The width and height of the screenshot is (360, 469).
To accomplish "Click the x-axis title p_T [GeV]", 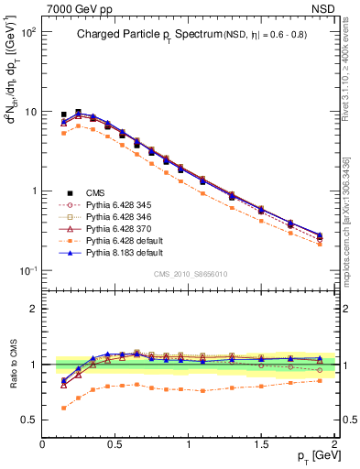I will tap(311, 455).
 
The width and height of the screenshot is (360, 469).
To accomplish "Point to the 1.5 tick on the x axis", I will tap(262, 444).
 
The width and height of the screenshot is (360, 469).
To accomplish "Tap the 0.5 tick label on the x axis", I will tap(116, 444).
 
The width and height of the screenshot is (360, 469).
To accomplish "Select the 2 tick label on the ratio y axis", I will tap(33, 309).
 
